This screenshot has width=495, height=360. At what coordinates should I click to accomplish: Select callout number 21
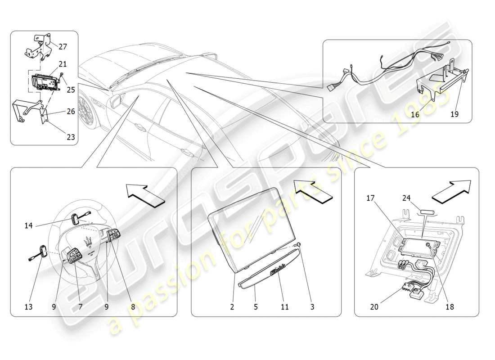click(63, 63)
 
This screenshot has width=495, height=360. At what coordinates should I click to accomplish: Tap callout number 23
click(71, 138)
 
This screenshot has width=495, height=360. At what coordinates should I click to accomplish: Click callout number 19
click(454, 115)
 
